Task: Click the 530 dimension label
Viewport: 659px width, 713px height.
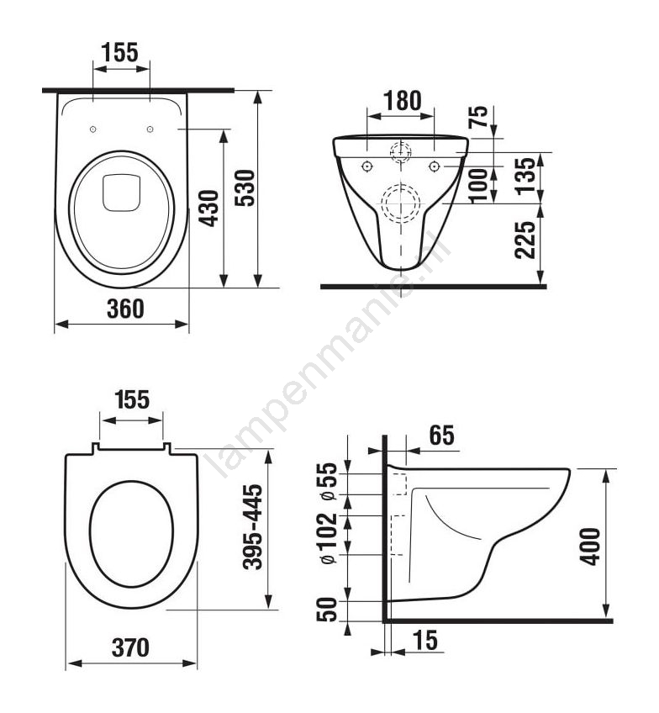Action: tap(245, 187)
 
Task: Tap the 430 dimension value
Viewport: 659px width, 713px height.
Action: tap(210, 209)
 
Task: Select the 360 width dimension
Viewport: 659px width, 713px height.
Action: tap(125, 309)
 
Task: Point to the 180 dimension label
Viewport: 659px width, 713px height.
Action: tap(403, 101)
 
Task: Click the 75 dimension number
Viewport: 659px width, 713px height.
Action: tap(477, 117)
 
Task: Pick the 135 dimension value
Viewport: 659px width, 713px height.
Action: tap(526, 176)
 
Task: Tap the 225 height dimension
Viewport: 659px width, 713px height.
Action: tap(525, 240)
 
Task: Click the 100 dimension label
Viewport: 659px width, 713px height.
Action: tap(477, 186)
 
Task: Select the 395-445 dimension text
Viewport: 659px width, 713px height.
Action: tap(253, 526)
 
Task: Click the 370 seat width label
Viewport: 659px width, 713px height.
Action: tap(130, 647)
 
